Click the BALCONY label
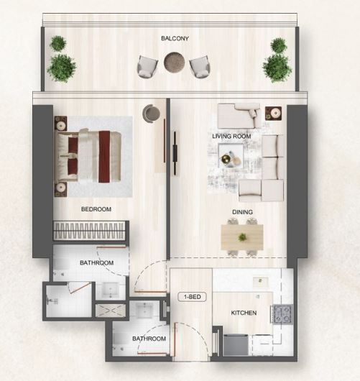pyautogui.click(x=175, y=38)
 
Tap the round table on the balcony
pyautogui.click(x=175, y=62)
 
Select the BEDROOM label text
pyautogui.click(x=96, y=209)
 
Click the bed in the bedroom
pyautogui.click(x=88, y=157)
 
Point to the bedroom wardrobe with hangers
pyautogui.click(x=89, y=231)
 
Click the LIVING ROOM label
pyautogui.click(x=231, y=136)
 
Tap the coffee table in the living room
pyautogui.click(x=231, y=156)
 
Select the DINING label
pyautogui.click(x=242, y=212)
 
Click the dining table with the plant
pyautogui.click(x=242, y=237)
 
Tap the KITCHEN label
pyautogui.click(x=244, y=313)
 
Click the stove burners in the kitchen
pyautogui.click(x=282, y=314)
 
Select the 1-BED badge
pyautogui.click(x=192, y=297)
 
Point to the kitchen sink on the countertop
pyautogui.click(x=261, y=282)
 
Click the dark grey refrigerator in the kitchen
pyautogui.click(x=236, y=345)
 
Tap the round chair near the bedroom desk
pyautogui.click(x=151, y=114)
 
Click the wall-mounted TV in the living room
pyautogui.click(x=175, y=153)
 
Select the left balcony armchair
pyautogui.click(x=147, y=67)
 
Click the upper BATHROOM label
pyautogui.click(x=97, y=262)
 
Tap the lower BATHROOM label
pyautogui.click(x=149, y=339)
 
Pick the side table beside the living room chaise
pyautogui.click(x=273, y=114)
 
